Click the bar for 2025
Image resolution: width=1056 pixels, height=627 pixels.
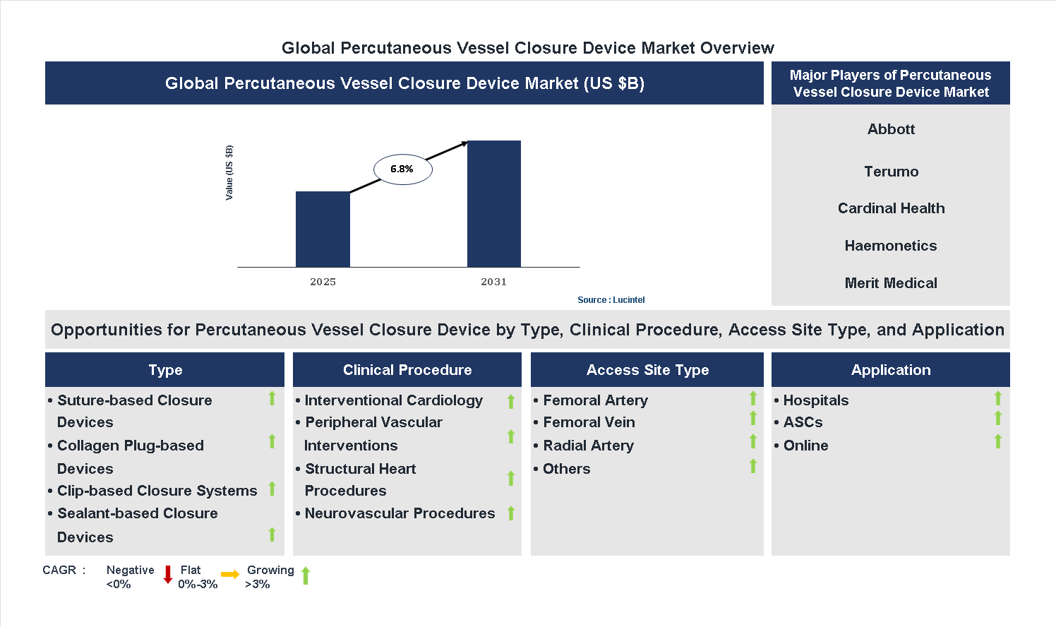point(323,229)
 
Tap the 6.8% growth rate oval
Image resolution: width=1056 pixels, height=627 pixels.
point(402,169)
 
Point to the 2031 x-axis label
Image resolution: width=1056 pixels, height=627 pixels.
point(493,282)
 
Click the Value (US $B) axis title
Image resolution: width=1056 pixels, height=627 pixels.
point(229,173)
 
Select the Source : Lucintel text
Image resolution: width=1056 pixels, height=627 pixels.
point(611,300)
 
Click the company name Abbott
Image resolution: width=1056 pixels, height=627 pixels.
point(891,129)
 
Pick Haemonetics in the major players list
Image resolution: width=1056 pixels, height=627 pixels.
point(891,246)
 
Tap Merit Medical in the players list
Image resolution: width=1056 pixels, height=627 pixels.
point(891,283)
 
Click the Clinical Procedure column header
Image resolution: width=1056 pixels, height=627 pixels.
point(407,370)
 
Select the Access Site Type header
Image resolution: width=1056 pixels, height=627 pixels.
point(647,370)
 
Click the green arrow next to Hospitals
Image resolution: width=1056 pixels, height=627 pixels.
point(997,399)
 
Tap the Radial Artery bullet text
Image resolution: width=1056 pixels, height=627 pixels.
point(588,446)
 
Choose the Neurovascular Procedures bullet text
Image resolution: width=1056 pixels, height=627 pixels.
point(400,513)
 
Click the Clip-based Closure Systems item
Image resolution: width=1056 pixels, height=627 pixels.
point(157,491)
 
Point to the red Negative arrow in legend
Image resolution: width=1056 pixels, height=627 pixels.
point(168,575)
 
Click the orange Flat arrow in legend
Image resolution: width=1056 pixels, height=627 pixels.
point(230,575)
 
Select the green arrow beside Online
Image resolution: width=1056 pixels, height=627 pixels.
point(997,442)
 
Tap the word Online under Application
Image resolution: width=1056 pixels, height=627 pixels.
point(805,446)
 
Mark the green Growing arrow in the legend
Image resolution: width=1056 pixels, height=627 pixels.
point(306,575)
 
